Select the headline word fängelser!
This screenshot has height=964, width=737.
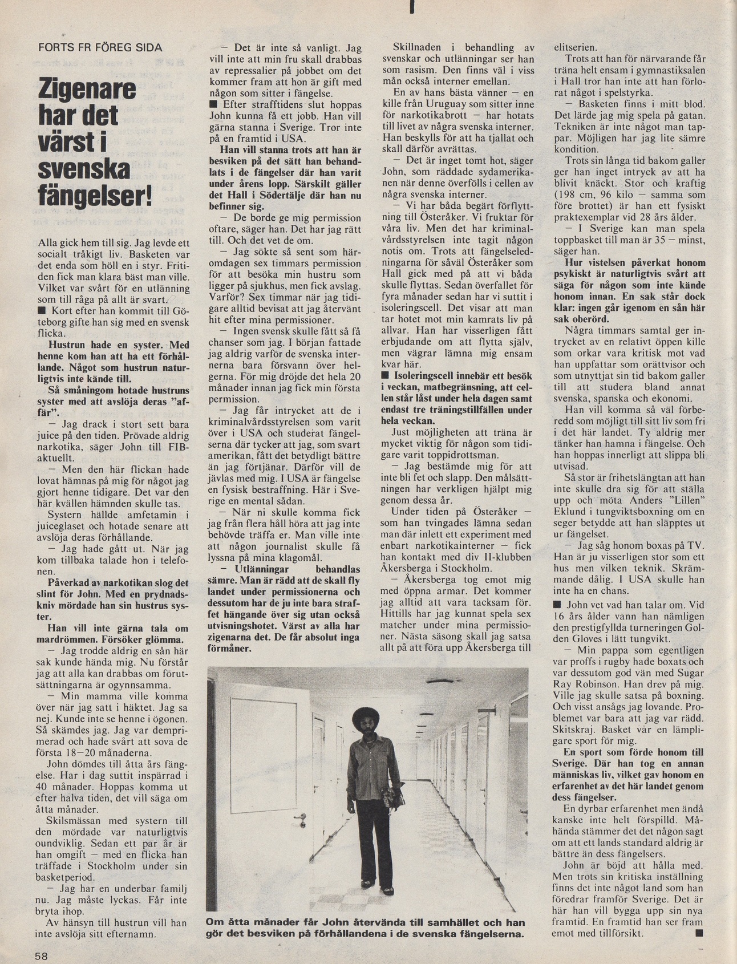95,197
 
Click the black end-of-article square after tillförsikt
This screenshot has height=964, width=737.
699,933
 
